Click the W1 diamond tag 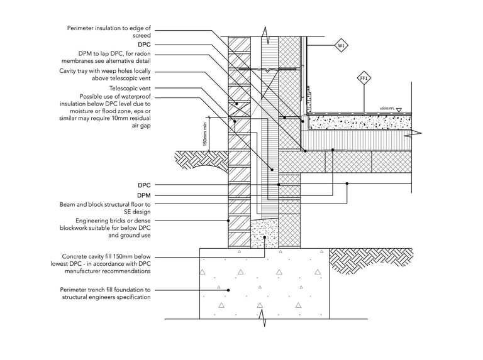pyautogui.click(x=341, y=46)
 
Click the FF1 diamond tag pyautogui.click(x=364, y=79)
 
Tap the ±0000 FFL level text pyautogui.click(x=387, y=109)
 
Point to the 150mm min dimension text pyautogui.click(x=205, y=133)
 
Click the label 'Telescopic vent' pyautogui.click(x=130, y=89)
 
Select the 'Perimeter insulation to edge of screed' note pyautogui.click(x=109, y=31)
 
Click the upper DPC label pyautogui.click(x=144, y=45)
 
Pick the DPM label pyautogui.click(x=144, y=195)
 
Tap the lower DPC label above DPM pyautogui.click(x=144, y=185)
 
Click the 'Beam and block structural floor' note pyautogui.click(x=105, y=208)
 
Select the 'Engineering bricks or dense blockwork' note pyautogui.click(x=106, y=228)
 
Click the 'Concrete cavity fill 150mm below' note pyautogui.click(x=101, y=264)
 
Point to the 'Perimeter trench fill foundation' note pyautogui.click(x=106, y=293)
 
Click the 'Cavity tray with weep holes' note pyautogui.click(x=105, y=75)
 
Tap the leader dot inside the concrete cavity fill pyautogui.click(x=265, y=237)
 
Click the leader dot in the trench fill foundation pyautogui.click(x=228, y=290)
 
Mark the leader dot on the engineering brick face pyautogui.click(x=228, y=221)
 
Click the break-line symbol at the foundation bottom pyautogui.click(x=264, y=319)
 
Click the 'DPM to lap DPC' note pyautogui.click(x=106, y=57)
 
